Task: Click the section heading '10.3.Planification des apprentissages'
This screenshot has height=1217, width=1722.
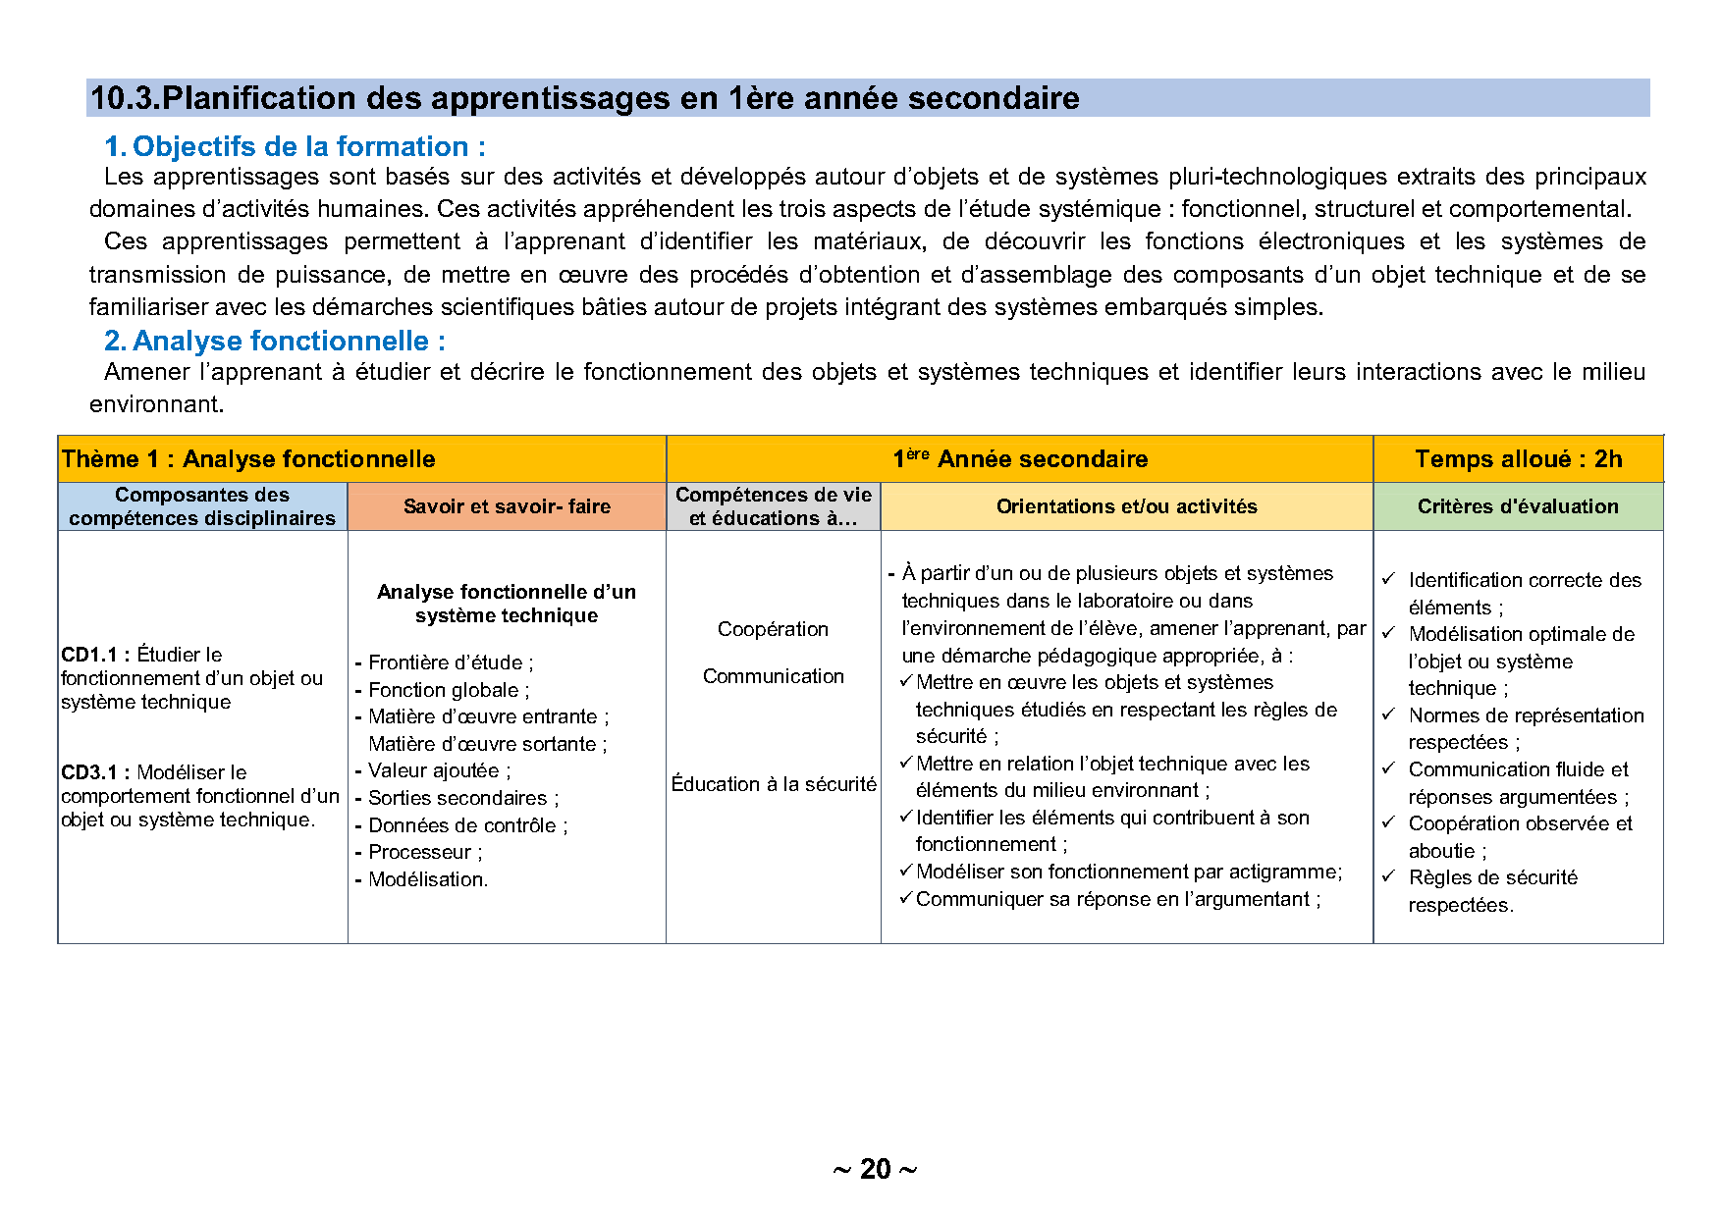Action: point(584,98)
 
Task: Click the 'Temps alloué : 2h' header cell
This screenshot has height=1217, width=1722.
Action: point(1518,459)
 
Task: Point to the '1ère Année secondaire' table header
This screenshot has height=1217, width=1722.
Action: point(1019,459)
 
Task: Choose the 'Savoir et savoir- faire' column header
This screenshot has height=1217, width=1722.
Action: point(507,506)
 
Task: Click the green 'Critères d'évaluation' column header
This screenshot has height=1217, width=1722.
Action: point(1518,506)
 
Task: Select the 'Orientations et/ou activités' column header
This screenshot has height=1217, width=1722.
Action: point(1126,506)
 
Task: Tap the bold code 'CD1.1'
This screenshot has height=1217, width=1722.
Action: point(89,655)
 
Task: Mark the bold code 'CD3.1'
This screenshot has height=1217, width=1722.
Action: point(89,772)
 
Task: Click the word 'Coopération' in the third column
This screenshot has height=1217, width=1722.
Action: point(773,629)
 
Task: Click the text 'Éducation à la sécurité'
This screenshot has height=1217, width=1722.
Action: point(773,784)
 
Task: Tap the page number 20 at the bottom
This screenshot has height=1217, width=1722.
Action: point(875,1169)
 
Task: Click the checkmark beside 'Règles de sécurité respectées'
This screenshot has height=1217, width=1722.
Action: point(1388,877)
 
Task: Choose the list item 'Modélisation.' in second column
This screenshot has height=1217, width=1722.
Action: point(428,879)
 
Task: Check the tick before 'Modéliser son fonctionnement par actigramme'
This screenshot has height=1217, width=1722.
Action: point(906,871)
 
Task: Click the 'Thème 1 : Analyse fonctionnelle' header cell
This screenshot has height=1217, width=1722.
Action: point(248,459)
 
